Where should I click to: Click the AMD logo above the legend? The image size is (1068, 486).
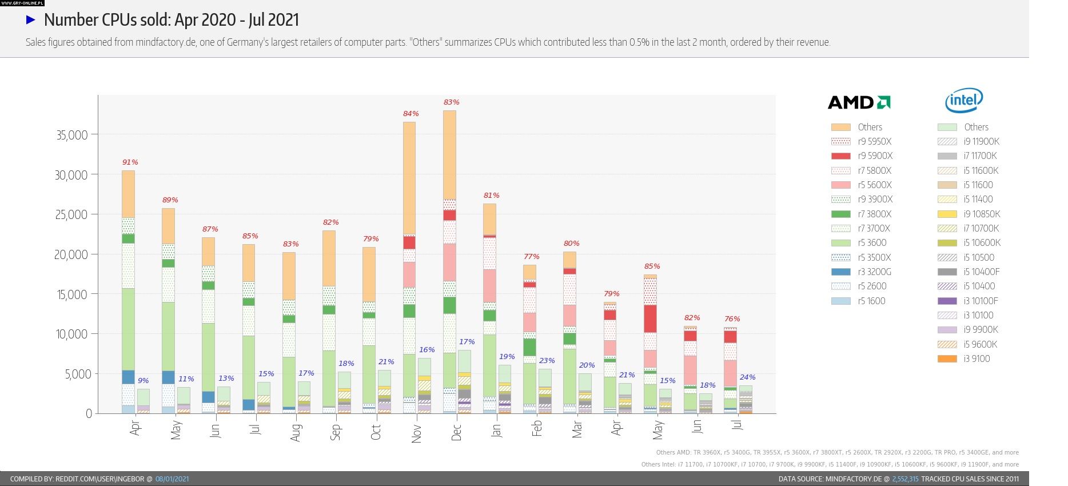tap(859, 102)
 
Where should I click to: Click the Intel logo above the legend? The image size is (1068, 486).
tap(964, 101)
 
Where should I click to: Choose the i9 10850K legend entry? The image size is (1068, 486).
tap(982, 214)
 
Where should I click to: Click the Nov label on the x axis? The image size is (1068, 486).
tap(416, 433)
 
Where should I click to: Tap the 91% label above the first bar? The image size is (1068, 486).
tap(130, 162)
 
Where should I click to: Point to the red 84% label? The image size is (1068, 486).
tap(411, 114)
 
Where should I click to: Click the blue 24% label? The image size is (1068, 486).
tap(747, 377)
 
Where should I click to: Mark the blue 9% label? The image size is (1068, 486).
tap(143, 381)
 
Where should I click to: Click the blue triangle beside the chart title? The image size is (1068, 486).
tap(31, 20)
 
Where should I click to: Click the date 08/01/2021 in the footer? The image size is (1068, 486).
tap(172, 479)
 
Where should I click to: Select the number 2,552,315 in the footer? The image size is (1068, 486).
tap(905, 479)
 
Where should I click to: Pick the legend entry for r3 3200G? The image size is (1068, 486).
tap(874, 272)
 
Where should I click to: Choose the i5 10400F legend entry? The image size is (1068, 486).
tap(981, 272)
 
